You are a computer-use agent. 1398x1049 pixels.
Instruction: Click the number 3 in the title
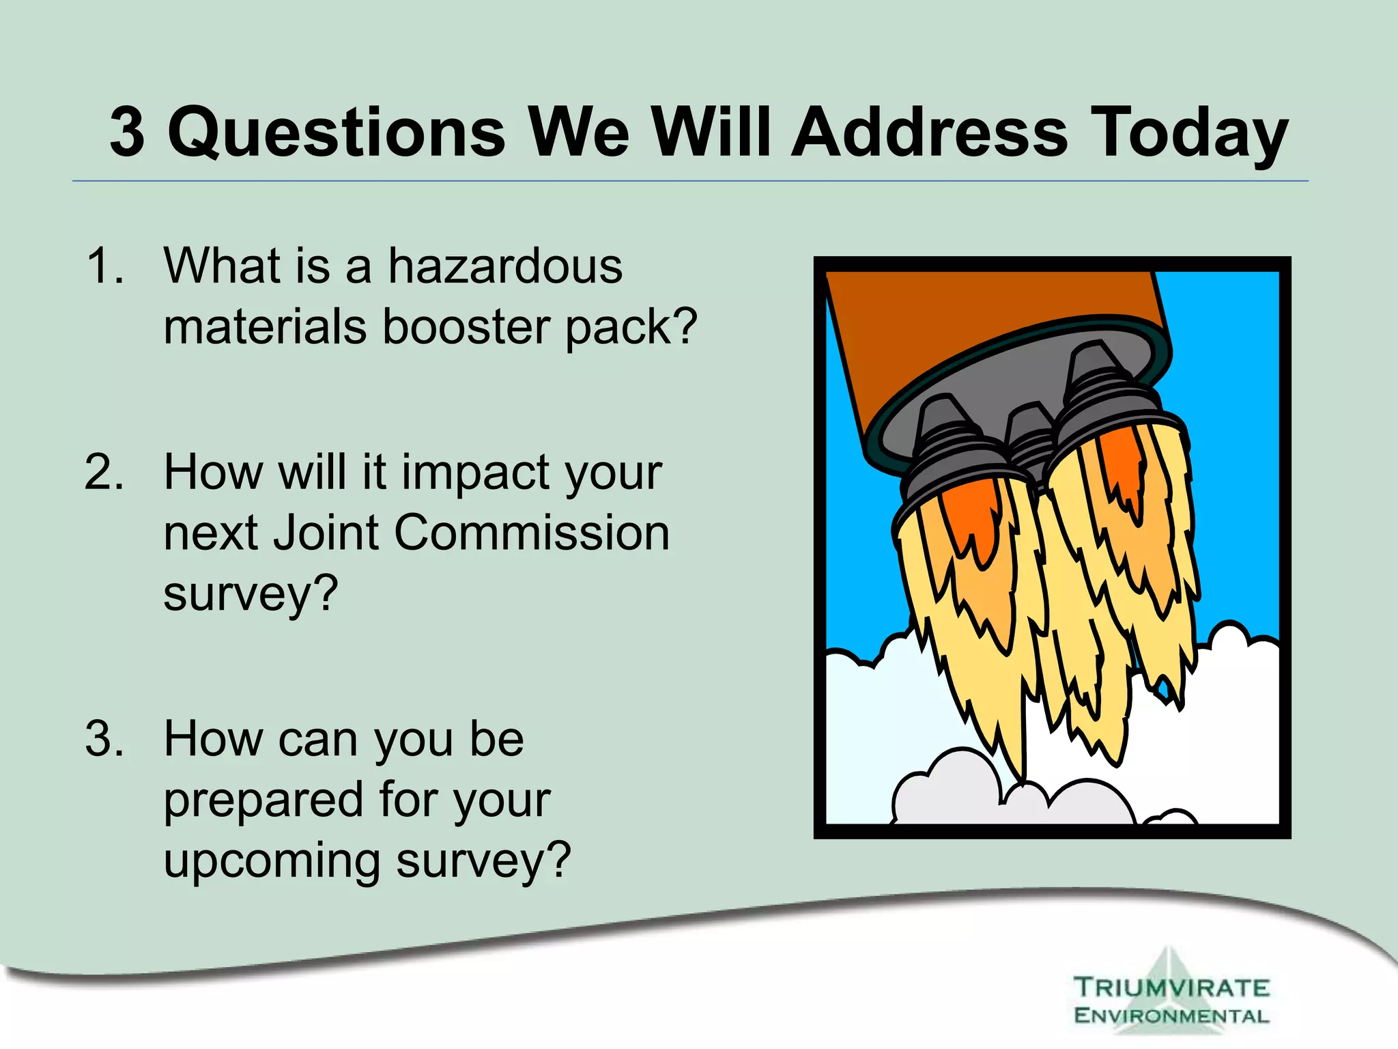coord(128,132)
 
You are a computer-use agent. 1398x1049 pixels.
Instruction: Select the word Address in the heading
coord(929,132)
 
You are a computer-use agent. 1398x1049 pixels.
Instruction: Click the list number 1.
coord(104,266)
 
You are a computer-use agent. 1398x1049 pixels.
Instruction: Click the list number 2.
coord(104,473)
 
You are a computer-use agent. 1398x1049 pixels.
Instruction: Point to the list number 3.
coord(104,740)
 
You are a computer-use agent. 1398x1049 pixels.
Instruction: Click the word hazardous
coord(505,266)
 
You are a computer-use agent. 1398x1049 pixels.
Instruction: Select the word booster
coord(466,326)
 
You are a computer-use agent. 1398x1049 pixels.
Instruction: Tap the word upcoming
coord(271,861)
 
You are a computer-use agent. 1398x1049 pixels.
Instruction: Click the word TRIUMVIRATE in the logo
coord(1171,988)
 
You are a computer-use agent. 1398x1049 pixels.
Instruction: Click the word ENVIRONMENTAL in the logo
coord(1171,1016)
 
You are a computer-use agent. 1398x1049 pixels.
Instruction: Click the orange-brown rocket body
coord(956,328)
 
